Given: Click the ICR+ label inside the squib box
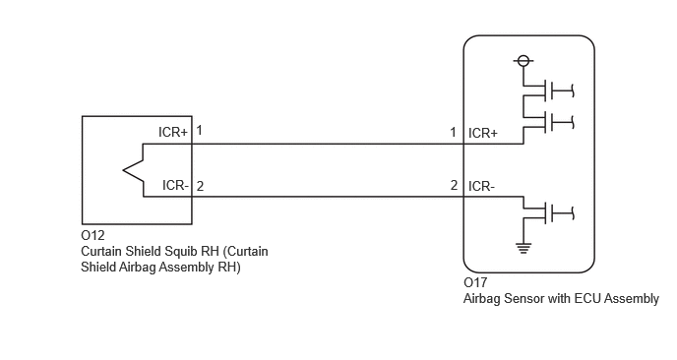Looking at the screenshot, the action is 173,132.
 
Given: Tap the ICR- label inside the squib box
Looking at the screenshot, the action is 176,185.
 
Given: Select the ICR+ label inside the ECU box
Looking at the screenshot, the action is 483,134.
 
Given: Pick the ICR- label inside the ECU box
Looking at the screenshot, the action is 482,187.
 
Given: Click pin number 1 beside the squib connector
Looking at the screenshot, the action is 199,130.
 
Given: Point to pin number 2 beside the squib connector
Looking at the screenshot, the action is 200,186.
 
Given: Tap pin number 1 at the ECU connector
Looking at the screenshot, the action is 453,132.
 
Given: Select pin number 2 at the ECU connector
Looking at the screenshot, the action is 454,185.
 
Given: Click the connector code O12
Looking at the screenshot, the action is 92,235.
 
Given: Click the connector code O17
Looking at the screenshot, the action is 475,282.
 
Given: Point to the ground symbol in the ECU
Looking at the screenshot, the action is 523,248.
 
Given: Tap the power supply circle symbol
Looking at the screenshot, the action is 523,60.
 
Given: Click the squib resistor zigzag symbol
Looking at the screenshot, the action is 133,170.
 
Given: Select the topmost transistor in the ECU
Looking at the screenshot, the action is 548,90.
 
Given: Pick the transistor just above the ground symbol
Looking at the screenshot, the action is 548,212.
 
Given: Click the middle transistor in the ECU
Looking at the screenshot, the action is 548,122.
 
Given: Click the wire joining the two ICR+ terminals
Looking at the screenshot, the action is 328,145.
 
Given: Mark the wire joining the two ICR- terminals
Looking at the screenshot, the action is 328,197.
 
